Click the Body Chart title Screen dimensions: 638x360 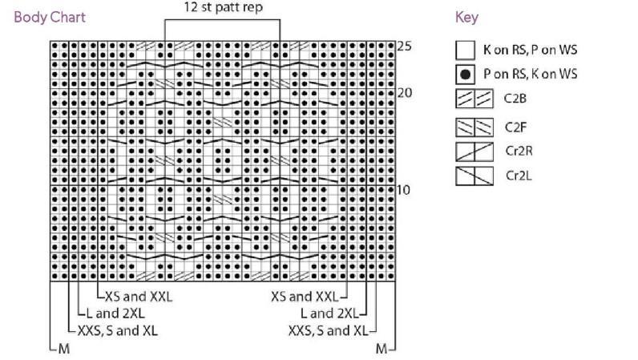(50, 18)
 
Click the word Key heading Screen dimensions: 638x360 (466, 18)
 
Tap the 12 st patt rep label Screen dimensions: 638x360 (224, 7)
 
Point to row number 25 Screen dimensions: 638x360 (404, 46)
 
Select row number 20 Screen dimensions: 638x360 (405, 93)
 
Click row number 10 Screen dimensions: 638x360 (403, 190)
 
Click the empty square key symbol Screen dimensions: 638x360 (465, 50)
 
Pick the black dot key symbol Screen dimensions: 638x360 (465, 75)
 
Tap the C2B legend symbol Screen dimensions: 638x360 (474, 99)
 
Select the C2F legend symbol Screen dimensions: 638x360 (474, 127)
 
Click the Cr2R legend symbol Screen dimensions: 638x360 (474, 152)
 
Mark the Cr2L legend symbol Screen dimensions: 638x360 (474, 176)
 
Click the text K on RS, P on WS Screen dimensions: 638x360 (530, 50)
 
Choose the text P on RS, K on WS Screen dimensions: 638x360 (530, 74)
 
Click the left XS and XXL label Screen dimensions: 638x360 (139, 297)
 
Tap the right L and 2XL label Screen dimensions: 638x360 (329, 313)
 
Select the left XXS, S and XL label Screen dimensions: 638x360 (118, 330)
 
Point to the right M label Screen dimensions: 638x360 (382, 349)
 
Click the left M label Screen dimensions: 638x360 (64, 349)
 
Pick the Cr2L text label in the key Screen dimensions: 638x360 (519, 176)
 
